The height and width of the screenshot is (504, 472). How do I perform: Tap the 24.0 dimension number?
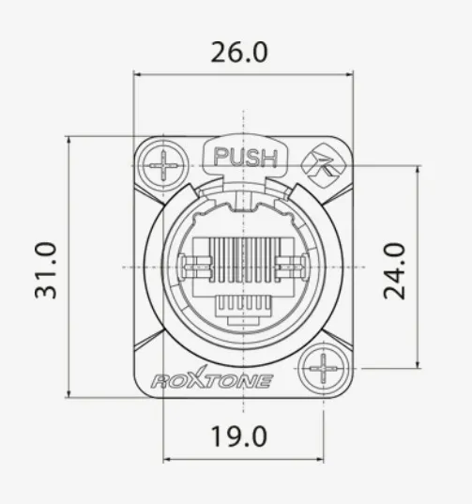click(x=394, y=269)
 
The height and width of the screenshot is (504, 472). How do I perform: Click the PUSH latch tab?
click(x=245, y=157)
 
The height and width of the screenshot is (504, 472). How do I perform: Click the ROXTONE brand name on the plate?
click(x=211, y=381)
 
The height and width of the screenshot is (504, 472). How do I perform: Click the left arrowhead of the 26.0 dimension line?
click(x=137, y=74)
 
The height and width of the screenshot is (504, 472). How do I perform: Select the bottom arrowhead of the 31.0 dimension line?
click(x=69, y=393)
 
